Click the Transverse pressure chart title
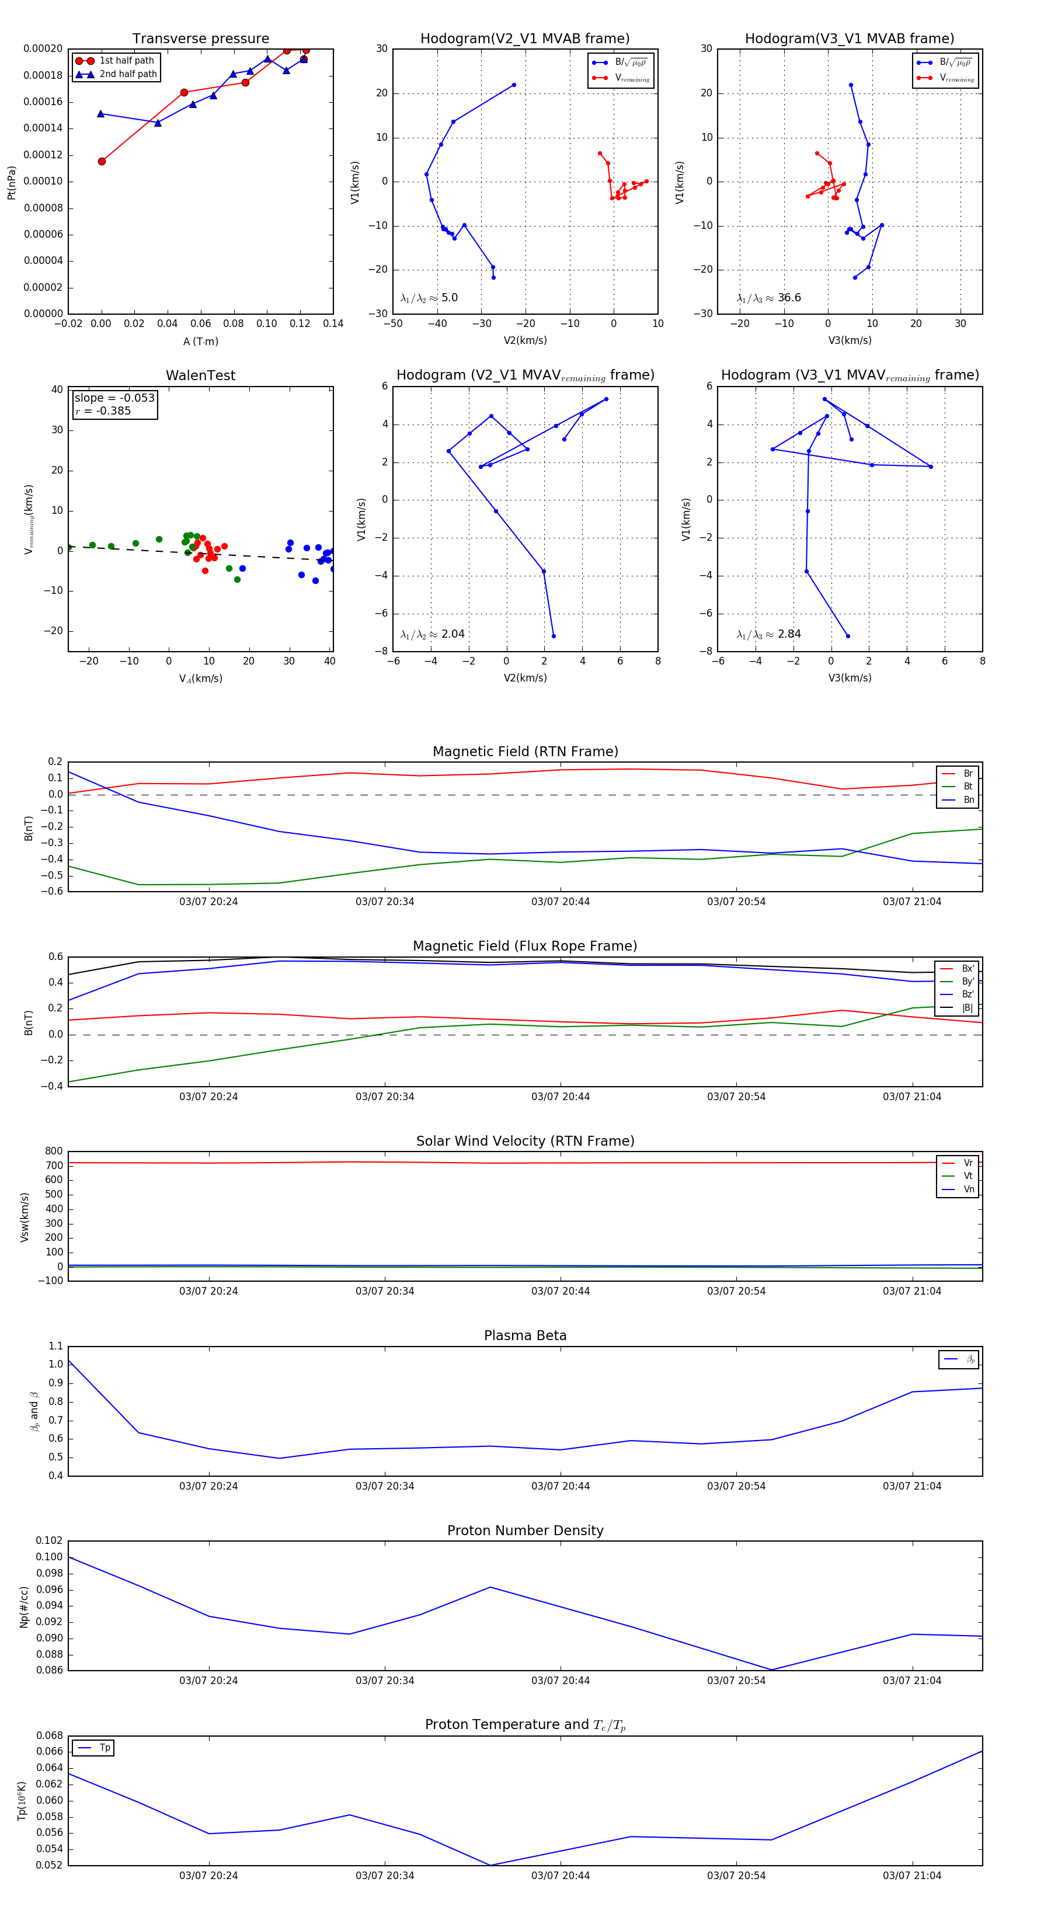point(200,39)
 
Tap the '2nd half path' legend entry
point(128,74)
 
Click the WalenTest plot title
point(200,375)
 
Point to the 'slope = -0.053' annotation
point(114,398)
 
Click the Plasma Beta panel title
point(525,1335)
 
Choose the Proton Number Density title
point(525,1531)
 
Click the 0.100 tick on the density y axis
point(50,1557)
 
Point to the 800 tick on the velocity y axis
point(54,1152)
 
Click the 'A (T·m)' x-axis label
point(200,341)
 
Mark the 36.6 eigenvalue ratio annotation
point(789,298)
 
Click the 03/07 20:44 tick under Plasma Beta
point(561,1486)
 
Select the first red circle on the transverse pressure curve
point(102,162)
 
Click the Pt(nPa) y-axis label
point(11,183)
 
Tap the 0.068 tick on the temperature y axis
point(50,1735)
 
